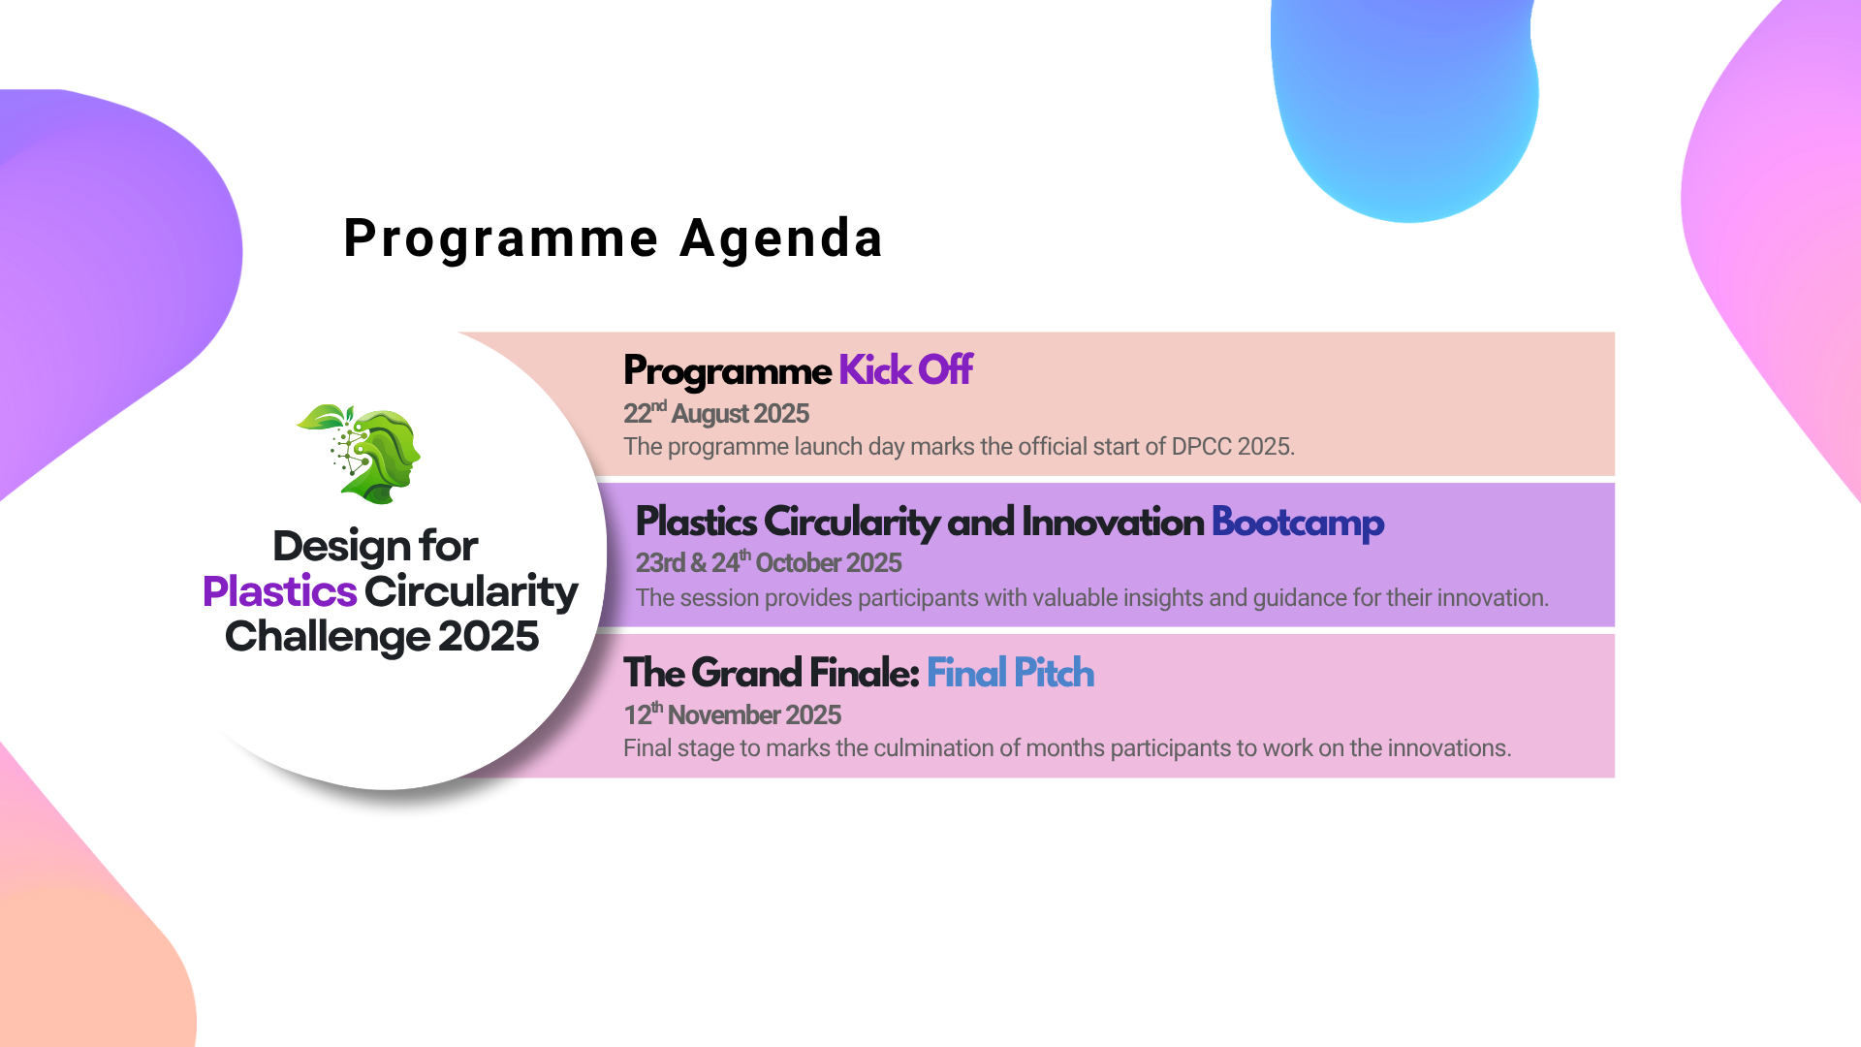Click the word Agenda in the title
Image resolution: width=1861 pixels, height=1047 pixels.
pyautogui.click(x=781, y=238)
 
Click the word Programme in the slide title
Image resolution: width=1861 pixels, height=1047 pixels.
pyautogui.click(x=501, y=238)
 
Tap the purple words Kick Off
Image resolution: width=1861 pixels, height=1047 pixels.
pyautogui.click(x=905, y=370)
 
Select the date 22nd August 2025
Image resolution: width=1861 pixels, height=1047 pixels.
pyautogui.click(x=716, y=413)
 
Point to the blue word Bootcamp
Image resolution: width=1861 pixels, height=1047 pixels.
pyautogui.click(x=1298, y=523)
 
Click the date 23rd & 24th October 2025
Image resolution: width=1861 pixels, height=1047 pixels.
pyautogui.click(x=769, y=562)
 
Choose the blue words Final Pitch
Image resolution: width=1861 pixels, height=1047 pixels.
pyautogui.click(x=1010, y=673)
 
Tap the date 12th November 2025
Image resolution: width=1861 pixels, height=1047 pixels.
pyautogui.click(x=732, y=714)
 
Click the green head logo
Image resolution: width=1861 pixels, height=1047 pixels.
pyautogui.click(x=360, y=454)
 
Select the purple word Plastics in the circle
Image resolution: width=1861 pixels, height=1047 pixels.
pyautogui.click(x=280, y=591)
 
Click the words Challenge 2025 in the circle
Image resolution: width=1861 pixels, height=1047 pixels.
pyautogui.click(x=382, y=637)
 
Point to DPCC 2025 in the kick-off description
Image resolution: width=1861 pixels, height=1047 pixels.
pyautogui.click(x=1233, y=447)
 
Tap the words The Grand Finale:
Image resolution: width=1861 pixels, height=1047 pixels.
pyautogui.click(x=771, y=673)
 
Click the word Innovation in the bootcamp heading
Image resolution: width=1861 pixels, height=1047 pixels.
pyautogui.click(x=1113, y=523)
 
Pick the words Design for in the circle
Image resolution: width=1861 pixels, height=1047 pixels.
pyautogui.click(x=375, y=547)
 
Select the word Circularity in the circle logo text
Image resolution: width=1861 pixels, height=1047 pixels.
pyautogui.click(x=472, y=592)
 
